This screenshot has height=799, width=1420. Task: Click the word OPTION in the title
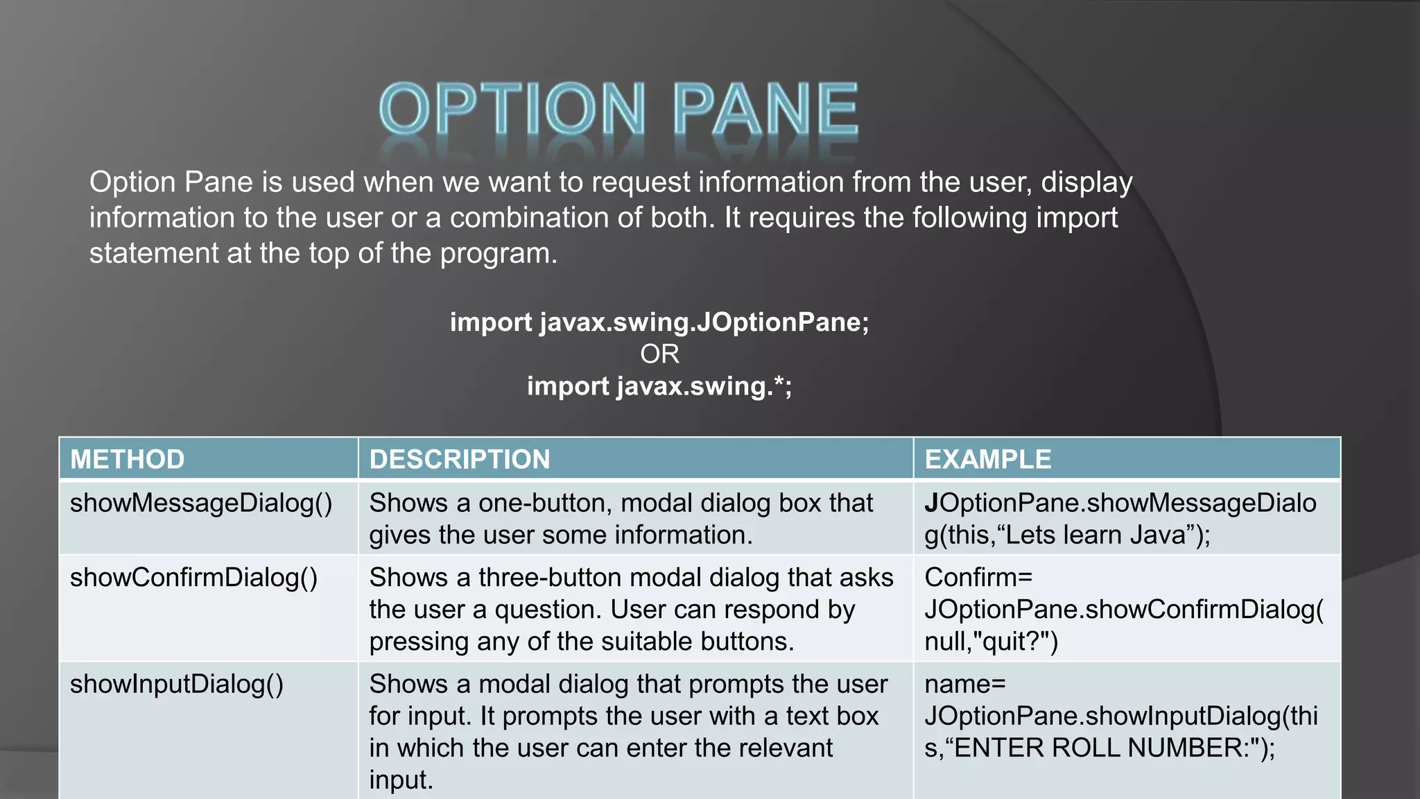[x=512, y=109]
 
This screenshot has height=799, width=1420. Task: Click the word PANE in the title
[x=765, y=109]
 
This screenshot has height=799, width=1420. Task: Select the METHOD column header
[x=128, y=459]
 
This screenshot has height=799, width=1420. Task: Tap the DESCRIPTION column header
[x=460, y=459]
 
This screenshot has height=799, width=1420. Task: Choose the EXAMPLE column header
[x=988, y=459]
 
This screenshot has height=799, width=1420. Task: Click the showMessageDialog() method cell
[x=201, y=504]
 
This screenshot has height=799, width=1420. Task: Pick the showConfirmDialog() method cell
[x=193, y=578]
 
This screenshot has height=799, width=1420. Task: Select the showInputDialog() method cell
[x=177, y=685]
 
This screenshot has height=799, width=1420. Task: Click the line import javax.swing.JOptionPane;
[x=659, y=322]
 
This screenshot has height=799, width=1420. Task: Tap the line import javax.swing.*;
[x=659, y=386]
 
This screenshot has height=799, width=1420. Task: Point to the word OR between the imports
[x=659, y=354]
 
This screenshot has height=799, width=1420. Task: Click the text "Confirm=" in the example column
[x=978, y=578]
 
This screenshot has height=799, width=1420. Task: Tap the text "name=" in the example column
[x=964, y=685]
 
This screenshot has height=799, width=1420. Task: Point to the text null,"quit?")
[x=991, y=642]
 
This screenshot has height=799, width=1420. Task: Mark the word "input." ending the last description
[x=401, y=780]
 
